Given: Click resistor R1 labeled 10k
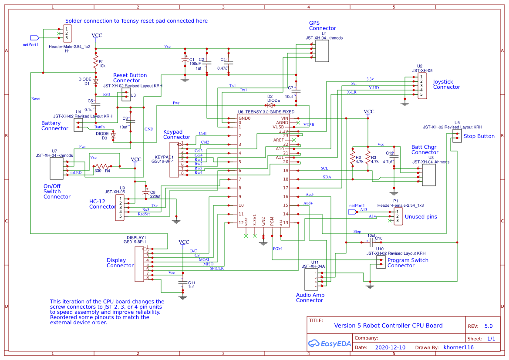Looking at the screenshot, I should [x=95, y=64].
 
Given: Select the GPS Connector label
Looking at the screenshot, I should [x=322, y=26].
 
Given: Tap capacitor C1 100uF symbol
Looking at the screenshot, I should [x=185, y=62].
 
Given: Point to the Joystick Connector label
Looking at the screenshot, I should [x=446, y=84].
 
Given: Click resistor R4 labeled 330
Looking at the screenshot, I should [x=103, y=166].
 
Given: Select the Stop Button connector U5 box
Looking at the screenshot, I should [x=456, y=136].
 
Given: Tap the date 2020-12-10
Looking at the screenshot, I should [x=390, y=347].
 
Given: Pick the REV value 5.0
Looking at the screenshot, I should [x=488, y=326].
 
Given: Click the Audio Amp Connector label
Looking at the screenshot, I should [x=310, y=298].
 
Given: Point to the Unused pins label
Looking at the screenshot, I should [x=421, y=216].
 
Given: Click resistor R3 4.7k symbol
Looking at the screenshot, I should [x=368, y=157].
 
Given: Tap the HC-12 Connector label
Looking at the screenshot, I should [x=103, y=204].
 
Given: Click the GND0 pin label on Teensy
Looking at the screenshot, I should [x=244, y=118].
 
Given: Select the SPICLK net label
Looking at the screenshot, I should [x=216, y=268].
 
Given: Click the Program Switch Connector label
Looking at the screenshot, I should [x=408, y=263].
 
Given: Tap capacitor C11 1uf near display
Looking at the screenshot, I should [x=182, y=284].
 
